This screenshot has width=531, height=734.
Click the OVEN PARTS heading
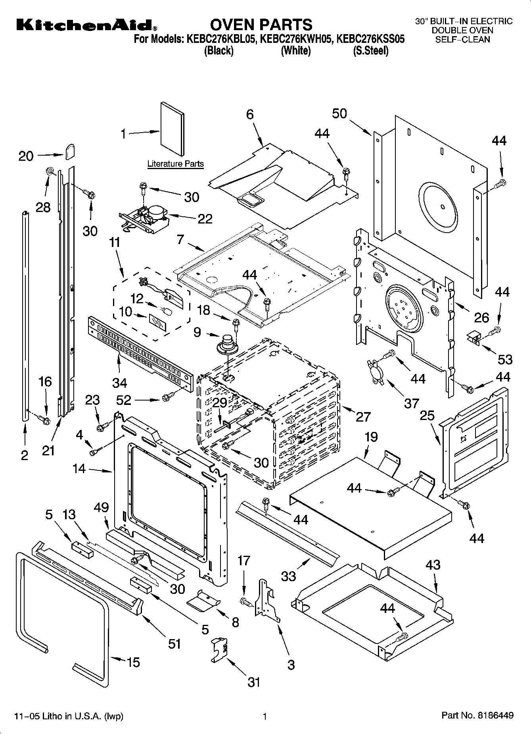[x=261, y=25]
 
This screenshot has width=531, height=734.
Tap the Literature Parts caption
[x=175, y=164]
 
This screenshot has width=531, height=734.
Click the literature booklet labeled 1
[x=172, y=129]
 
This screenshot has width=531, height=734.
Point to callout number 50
[x=339, y=114]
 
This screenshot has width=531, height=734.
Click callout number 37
[x=411, y=403]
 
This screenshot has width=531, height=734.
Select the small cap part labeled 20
[x=69, y=151]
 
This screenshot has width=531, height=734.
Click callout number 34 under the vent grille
[x=119, y=382]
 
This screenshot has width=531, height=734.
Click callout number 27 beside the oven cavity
[x=362, y=416]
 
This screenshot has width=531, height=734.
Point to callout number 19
[x=371, y=437]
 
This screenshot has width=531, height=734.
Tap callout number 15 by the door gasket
[x=133, y=662]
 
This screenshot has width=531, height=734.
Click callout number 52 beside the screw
[x=124, y=399]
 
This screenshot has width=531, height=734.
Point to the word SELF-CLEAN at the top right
[x=462, y=39]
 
